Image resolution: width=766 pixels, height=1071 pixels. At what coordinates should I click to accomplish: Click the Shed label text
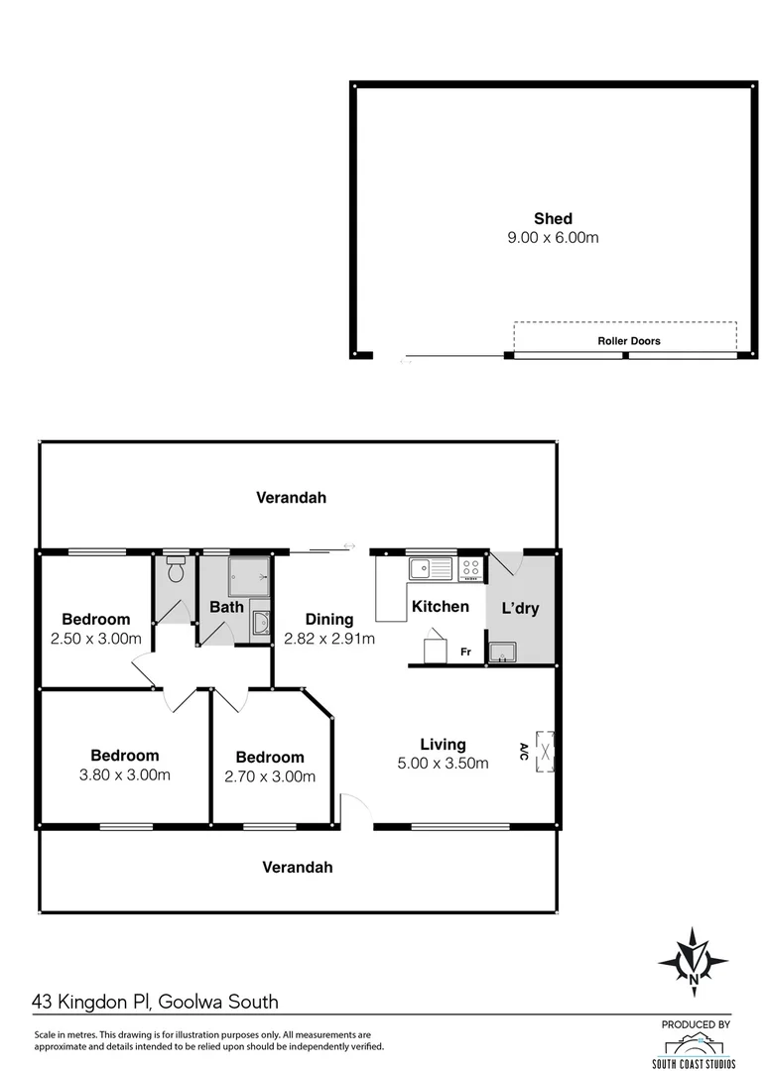(x=553, y=219)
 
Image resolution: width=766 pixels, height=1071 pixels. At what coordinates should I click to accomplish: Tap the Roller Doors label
(x=628, y=340)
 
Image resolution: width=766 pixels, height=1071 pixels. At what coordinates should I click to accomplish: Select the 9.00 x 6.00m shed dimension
(x=553, y=238)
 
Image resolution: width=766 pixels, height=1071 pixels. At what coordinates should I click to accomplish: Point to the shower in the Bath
(x=248, y=575)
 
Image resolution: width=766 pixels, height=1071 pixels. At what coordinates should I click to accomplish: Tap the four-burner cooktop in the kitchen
(x=470, y=569)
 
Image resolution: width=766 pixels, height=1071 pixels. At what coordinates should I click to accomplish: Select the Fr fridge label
(x=465, y=652)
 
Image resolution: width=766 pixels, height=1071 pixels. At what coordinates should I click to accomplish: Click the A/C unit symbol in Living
(x=545, y=750)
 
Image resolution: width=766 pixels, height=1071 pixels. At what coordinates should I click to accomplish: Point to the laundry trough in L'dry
(x=502, y=652)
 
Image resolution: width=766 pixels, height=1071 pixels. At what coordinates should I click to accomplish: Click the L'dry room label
(x=520, y=608)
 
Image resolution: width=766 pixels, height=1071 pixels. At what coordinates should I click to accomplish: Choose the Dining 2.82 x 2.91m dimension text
(x=328, y=640)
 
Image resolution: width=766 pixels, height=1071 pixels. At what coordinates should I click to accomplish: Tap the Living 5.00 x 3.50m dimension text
(x=443, y=763)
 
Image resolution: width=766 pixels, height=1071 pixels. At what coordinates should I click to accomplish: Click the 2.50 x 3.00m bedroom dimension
(x=95, y=639)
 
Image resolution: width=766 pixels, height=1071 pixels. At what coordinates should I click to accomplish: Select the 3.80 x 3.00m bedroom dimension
(x=124, y=774)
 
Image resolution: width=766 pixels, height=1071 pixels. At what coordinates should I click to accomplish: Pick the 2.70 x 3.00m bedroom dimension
(x=270, y=776)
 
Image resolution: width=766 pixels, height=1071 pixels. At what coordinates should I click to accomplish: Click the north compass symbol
(x=693, y=961)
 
